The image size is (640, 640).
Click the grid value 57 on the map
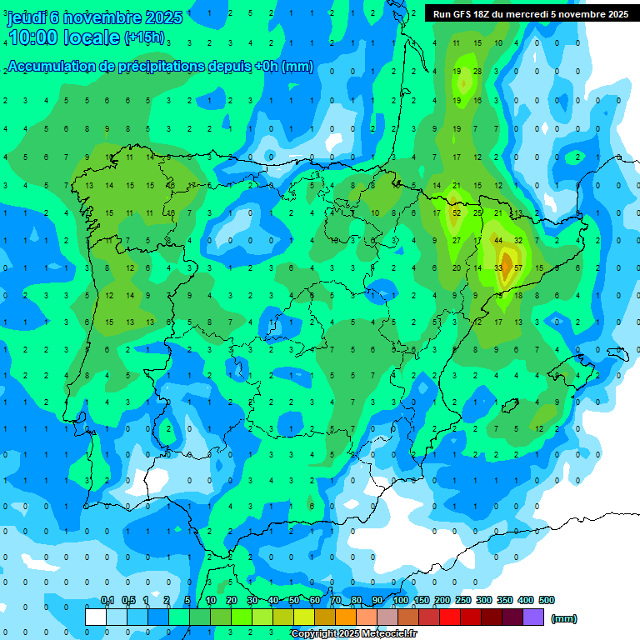point(518,267)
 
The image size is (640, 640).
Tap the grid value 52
point(456,212)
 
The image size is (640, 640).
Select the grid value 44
point(498,240)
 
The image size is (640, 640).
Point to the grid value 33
point(498,267)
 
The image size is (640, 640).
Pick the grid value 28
point(477,72)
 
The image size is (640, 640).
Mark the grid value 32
point(518,240)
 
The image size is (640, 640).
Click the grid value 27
point(456,240)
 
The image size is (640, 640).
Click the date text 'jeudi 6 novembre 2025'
point(93,17)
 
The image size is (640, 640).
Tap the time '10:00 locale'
point(64,37)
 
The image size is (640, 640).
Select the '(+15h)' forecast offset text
point(144,37)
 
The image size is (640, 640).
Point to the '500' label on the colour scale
point(546,600)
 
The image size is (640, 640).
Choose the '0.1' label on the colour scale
point(107,600)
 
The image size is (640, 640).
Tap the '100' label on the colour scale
point(400,600)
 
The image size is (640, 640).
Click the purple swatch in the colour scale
point(533,617)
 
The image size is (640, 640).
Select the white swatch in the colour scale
point(96,617)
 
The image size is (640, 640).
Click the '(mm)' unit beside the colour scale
point(564,618)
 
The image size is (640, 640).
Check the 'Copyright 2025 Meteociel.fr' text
point(353,634)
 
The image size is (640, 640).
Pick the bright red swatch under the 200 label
point(450,617)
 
